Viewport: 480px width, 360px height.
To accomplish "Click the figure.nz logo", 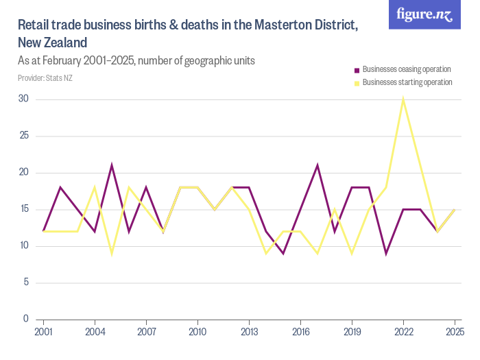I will point(424,15).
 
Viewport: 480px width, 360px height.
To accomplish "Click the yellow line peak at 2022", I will point(403,99).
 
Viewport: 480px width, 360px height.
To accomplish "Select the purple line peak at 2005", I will point(112,165).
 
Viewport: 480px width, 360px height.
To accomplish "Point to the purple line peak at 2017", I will point(317,165).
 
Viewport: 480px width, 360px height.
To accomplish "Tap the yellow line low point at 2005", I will point(112,253).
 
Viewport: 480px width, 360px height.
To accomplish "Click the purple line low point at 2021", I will point(386,253).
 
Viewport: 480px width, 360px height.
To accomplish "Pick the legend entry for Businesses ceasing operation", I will point(406,69).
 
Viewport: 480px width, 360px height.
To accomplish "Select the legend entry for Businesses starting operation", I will point(407,82).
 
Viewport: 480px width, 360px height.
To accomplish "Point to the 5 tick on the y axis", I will point(26,283).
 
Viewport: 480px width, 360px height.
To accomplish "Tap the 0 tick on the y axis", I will point(26,319).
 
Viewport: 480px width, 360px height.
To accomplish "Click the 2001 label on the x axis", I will point(43,332).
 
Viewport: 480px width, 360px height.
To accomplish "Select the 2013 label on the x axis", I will point(249,332).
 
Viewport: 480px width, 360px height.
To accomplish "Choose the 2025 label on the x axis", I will point(454,332).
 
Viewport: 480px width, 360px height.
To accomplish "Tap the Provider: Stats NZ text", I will point(45,78).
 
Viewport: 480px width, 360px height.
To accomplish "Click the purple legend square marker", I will point(357,70).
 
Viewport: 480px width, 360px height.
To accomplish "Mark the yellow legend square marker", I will point(357,83).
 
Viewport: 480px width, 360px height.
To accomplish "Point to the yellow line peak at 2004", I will point(95,187).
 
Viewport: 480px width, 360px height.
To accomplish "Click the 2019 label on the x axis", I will point(352,332).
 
